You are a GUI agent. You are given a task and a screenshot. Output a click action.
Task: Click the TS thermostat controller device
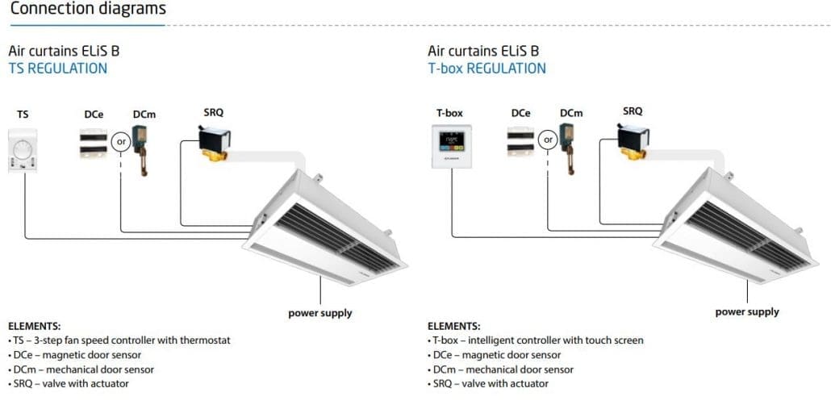pyautogui.click(x=23, y=151)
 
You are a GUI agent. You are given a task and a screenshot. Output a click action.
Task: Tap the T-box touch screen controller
pyautogui.click(x=452, y=146)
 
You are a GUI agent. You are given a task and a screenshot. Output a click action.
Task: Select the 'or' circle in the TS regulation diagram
pyautogui.click(x=121, y=142)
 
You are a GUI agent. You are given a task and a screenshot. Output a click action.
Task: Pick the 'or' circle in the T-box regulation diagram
pyautogui.click(x=548, y=140)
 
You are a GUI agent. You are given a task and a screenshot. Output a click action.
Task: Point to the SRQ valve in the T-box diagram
pyautogui.click(x=633, y=141)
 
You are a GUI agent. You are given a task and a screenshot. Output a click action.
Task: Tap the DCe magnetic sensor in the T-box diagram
pyautogui.click(x=520, y=141)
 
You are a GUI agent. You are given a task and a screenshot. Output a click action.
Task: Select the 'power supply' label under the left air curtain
pyautogui.click(x=320, y=313)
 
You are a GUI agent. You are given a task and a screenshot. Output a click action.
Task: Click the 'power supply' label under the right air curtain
pyautogui.click(x=747, y=311)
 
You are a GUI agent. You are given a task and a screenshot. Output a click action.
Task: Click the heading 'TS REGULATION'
pyautogui.click(x=58, y=69)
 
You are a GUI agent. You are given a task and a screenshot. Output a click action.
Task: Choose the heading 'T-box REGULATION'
pyautogui.click(x=486, y=69)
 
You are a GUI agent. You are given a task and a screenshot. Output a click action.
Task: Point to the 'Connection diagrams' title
pyautogui.click(x=88, y=9)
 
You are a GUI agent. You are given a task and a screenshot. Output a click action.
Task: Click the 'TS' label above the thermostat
pyautogui.click(x=23, y=114)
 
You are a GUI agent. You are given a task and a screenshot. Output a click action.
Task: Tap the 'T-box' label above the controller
pyautogui.click(x=449, y=113)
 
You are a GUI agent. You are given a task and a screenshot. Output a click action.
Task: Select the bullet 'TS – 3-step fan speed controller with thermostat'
pyautogui.click(x=119, y=340)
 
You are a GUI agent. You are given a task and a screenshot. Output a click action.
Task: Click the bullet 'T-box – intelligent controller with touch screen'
pyautogui.click(x=536, y=340)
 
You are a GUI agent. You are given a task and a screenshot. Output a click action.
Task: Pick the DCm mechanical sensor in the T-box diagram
pyautogui.click(x=567, y=149)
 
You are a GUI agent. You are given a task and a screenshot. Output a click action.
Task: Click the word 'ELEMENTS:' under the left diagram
pyautogui.click(x=35, y=326)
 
